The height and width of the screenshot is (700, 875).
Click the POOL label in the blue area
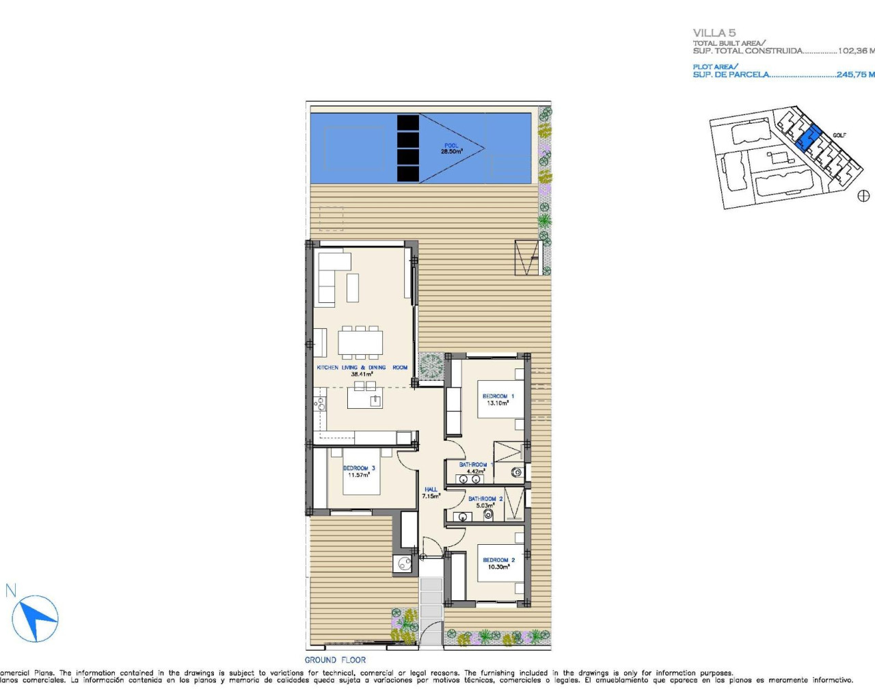(x=451, y=146)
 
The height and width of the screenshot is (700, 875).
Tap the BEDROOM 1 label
(x=498, y=396)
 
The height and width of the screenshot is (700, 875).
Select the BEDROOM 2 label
(x=498, y=560)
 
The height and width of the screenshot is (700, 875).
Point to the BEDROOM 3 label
(x=359, y=468)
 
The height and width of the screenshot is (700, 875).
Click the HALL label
(x=431, y=489)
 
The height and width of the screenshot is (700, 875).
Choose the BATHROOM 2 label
(x=485, y=499)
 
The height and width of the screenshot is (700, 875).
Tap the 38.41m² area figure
(x=361, y=375)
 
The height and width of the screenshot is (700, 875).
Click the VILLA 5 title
(x=714, y=33)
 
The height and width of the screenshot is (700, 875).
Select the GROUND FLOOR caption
(x=335, y=660)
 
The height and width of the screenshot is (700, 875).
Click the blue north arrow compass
(x=36, y=619)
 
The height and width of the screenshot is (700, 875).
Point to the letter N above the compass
(x=10, y=591)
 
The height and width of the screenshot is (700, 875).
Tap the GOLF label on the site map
(x=839, y=135)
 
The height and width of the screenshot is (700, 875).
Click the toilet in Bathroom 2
(x=488, y=514)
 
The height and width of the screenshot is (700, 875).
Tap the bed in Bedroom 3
(x=353, y=472)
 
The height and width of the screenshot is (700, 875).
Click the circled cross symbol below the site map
(x=863, y=196)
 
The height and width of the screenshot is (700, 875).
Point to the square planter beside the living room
(x=431, y=366)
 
